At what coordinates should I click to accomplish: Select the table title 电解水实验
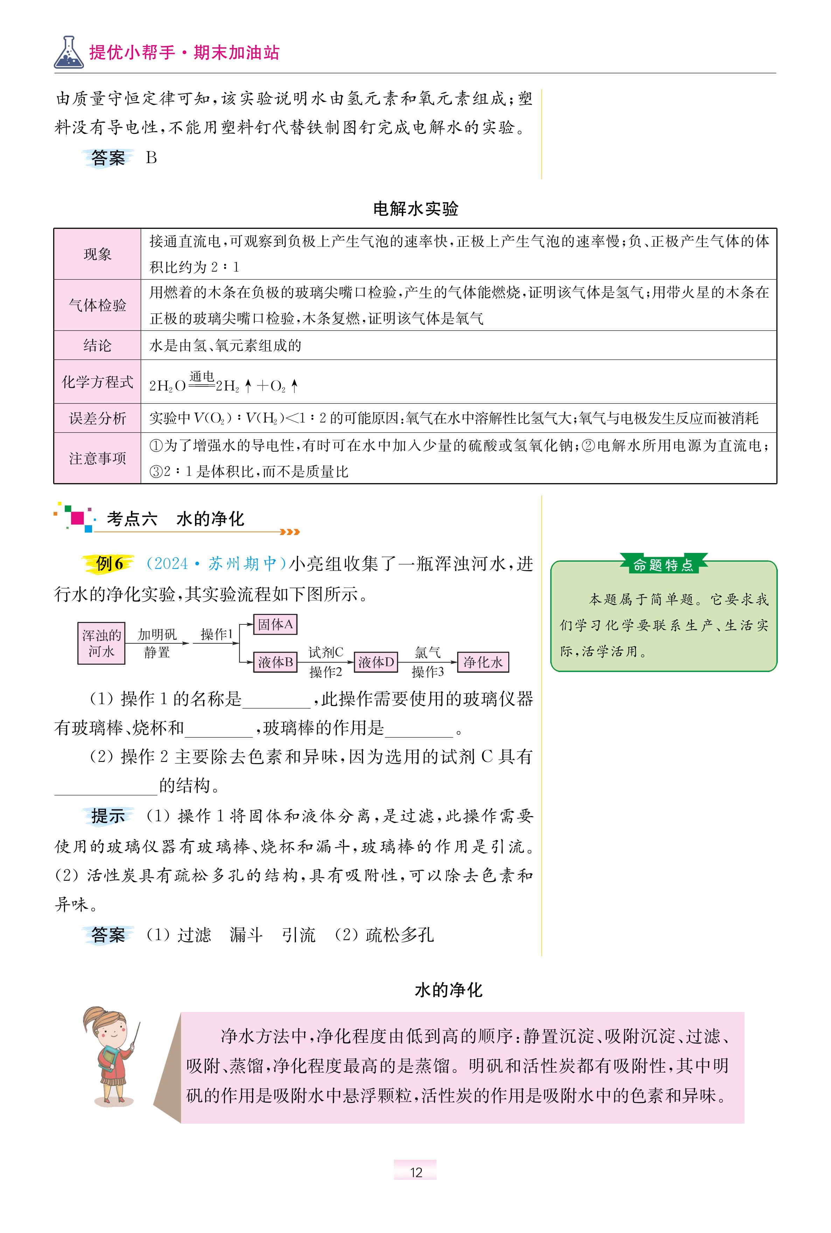[x=415, y=209]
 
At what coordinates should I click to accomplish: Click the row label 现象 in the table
[x=98, y=254]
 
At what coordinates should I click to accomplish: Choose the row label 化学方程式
[x=98, y=382]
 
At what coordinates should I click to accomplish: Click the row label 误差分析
[x=98, y=418]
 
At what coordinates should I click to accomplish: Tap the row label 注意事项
[x=98, y=458]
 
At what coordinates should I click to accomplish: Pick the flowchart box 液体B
[x=275, y=662]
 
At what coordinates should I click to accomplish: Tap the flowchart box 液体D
[x=376, y=662]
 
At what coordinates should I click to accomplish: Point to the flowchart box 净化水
[x=482, y=662]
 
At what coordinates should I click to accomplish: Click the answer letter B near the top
[x=152, y=158]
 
